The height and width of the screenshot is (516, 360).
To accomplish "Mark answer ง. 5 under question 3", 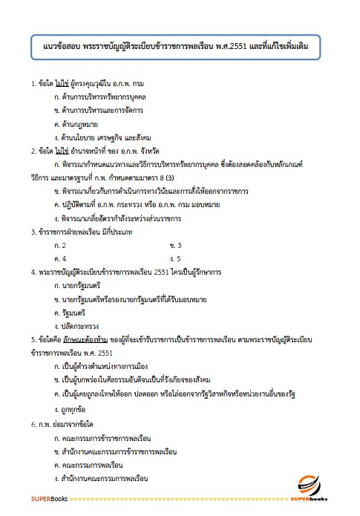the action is pos(176,258).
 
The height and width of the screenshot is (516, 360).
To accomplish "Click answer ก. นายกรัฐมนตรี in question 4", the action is pos(82,285).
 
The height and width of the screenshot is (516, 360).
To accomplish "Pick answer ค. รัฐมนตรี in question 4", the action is pos(76,312).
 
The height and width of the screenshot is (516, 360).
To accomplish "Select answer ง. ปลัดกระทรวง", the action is pos(80,325).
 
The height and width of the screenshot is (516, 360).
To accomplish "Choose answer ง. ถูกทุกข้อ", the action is pos(75,409).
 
